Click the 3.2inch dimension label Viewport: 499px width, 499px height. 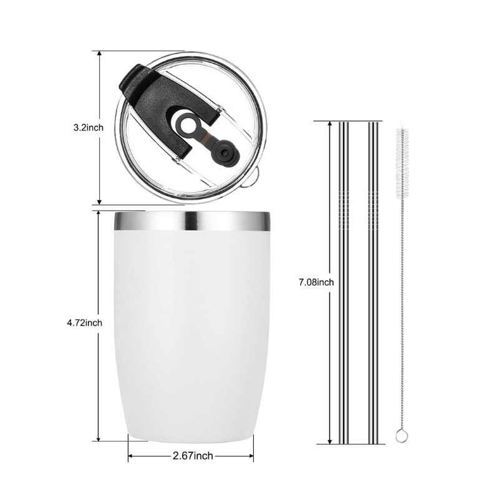[x=87, y=128]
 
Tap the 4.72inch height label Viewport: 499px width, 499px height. [x=84, y=322]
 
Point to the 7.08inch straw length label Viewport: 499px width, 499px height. [x=316, y=282]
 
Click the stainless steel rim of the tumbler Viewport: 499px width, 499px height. [x=191, y=221]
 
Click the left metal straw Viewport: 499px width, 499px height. [x=344, y=281]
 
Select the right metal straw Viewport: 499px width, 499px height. [x=373, y=281]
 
